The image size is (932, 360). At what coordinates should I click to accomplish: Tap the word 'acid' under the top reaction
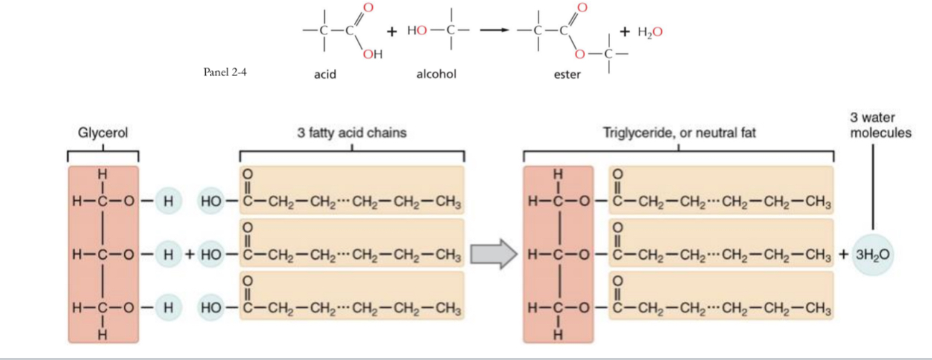325,74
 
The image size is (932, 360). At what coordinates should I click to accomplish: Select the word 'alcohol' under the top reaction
436,74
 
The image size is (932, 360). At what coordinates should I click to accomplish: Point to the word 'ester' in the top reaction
567,74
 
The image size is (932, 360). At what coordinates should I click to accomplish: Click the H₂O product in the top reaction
648,32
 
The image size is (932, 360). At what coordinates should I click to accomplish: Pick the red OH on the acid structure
373,55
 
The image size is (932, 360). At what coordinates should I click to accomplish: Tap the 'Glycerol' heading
103,133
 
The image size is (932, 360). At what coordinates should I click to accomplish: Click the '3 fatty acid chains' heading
351,133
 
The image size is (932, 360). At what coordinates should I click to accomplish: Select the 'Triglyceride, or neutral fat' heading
679,133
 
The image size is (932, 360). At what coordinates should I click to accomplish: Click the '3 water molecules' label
871,125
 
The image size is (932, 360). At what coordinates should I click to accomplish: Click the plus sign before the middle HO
189,255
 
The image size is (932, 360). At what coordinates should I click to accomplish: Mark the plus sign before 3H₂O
842,255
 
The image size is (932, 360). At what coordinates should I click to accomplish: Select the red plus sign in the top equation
392,32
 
